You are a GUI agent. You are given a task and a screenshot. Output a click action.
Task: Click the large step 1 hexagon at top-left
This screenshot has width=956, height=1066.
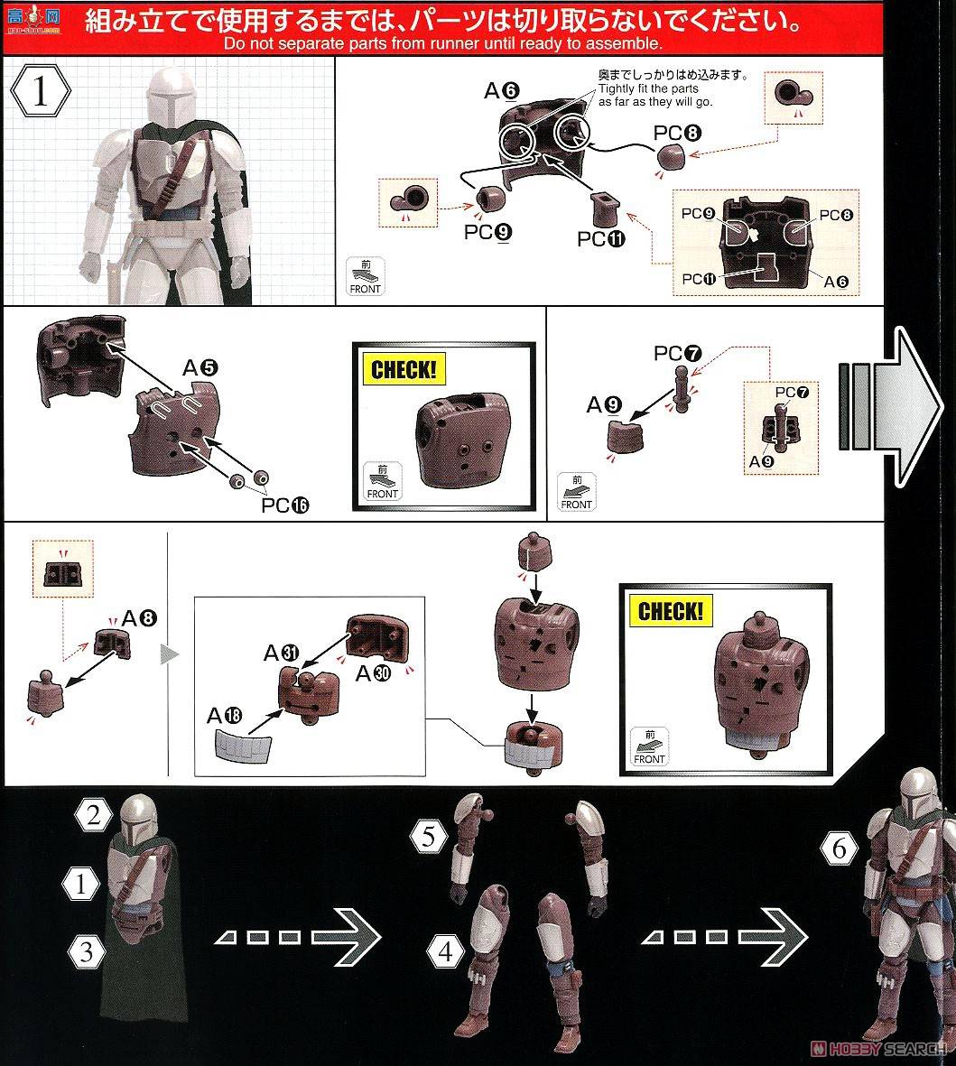[40, 91]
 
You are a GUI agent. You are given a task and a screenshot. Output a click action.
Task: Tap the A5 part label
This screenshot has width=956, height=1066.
[200, 367]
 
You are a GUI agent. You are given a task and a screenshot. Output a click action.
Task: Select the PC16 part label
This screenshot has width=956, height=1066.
[285, 505]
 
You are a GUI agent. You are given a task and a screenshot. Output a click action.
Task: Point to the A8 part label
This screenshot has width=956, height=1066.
[139, 618]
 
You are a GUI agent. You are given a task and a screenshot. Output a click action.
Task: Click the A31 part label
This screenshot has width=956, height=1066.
[282, 653]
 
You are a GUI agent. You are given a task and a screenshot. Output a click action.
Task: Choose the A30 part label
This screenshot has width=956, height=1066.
[374, 673]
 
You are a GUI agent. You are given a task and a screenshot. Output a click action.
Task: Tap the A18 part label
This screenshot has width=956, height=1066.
[225, 715]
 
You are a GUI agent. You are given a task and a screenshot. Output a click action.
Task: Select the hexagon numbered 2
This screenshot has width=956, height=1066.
[93, 814]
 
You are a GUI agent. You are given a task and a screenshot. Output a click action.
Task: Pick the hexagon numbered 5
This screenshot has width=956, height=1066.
[429, 836]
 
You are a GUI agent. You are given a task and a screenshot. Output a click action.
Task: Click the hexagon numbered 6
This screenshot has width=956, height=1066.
[839, 848]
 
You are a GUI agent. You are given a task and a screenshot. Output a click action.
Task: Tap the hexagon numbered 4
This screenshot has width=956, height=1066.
[445, 950]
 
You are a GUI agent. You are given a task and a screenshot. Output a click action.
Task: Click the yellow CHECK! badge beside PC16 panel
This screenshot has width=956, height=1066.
[404, 369]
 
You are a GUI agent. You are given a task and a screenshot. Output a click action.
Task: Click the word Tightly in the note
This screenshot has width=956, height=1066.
[617, 88]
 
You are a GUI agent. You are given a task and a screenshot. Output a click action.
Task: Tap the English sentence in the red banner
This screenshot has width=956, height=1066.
[442, 43]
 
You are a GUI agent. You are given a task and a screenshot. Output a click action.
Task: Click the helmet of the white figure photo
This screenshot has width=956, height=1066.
[170, 94]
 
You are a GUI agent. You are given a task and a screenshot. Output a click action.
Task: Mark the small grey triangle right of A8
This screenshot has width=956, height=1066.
[170, 654]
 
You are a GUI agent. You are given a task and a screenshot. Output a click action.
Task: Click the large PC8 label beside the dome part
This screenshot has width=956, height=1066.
[677, 133]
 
